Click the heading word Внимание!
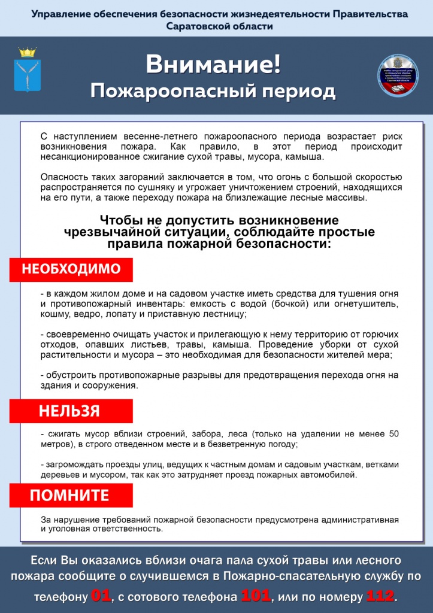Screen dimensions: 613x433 (213, 65)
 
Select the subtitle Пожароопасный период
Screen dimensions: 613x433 (213, 91)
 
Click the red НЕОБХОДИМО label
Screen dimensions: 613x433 (71, 269)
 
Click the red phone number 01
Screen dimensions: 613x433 (101, 596)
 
